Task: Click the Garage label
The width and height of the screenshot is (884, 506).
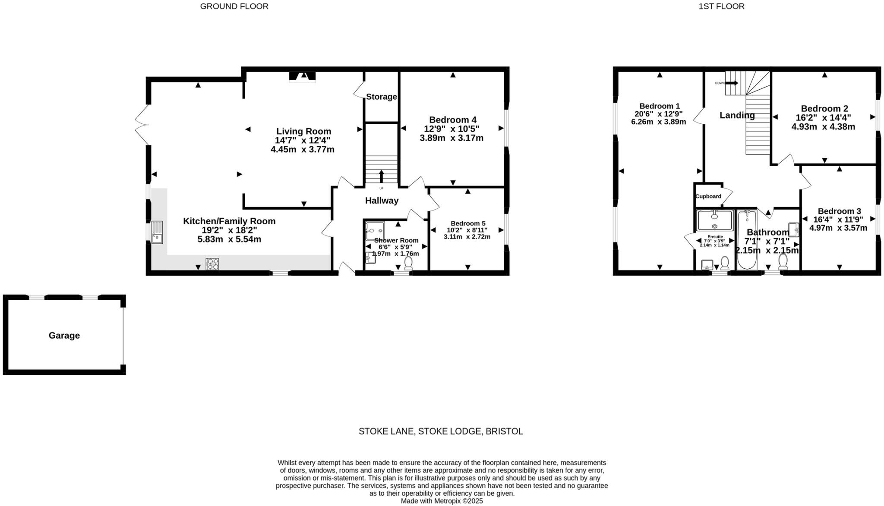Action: coord(64,336)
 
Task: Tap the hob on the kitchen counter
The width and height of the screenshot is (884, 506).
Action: coord(212,264)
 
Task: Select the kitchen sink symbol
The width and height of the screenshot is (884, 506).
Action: coord(157,232)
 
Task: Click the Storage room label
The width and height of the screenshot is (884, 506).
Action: coord(381,97)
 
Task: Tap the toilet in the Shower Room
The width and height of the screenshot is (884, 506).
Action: coord(408,262)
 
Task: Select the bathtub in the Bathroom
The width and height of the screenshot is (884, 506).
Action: coord(747,239)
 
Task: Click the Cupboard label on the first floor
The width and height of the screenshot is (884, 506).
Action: coord(708,196)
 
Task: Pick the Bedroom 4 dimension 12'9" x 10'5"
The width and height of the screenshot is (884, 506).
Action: coord(451,129)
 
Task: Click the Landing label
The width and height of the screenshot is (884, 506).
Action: coord(737,115)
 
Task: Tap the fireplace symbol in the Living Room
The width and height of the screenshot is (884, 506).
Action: coord(303,77)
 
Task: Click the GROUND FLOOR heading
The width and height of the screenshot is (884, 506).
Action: coord(234,6)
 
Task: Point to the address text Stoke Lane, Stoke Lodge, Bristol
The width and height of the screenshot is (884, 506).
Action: coord(441,431)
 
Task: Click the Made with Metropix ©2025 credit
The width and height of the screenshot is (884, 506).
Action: coord(442,501)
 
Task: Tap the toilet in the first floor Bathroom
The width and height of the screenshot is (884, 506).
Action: coord(783,261)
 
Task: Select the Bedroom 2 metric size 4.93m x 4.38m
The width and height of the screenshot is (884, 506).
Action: coord(823,127)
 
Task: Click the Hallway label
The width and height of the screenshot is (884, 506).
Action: coord(382,200)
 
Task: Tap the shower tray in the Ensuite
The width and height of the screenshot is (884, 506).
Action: coord(714,220)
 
